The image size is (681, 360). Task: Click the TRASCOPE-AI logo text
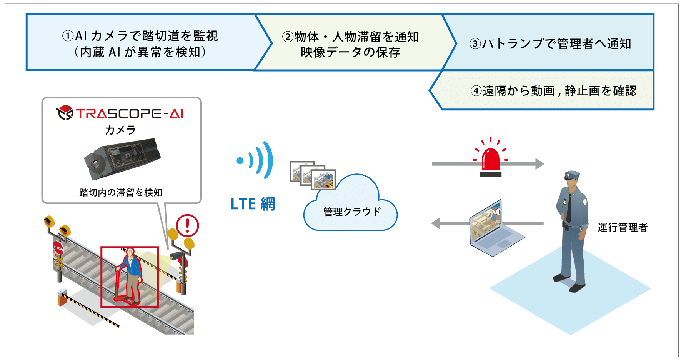(x=129, y=113)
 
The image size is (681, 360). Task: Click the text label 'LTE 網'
(x=253, y=204)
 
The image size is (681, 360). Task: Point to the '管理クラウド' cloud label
(x=352, y=212)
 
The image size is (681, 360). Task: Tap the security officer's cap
(x=572, y=175)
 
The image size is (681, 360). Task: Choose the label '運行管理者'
(x=623, y=227)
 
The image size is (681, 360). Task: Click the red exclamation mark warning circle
(x=187, y=226)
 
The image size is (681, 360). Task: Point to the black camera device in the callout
(x=122, y=158)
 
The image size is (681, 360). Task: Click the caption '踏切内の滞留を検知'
(x=121, y=192)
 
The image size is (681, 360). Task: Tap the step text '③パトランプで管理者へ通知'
(x=550, y=44)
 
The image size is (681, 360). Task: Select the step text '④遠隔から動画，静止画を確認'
(x=553, y=91)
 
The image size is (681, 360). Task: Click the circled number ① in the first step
(x=68, y=36)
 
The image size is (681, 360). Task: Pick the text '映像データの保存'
(x=350, y=52)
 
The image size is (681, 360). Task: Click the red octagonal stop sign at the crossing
(x=58, y=248)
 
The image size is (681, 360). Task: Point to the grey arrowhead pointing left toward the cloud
(x=436, y=223)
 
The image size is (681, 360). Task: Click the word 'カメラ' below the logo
(x=120, y=130)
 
